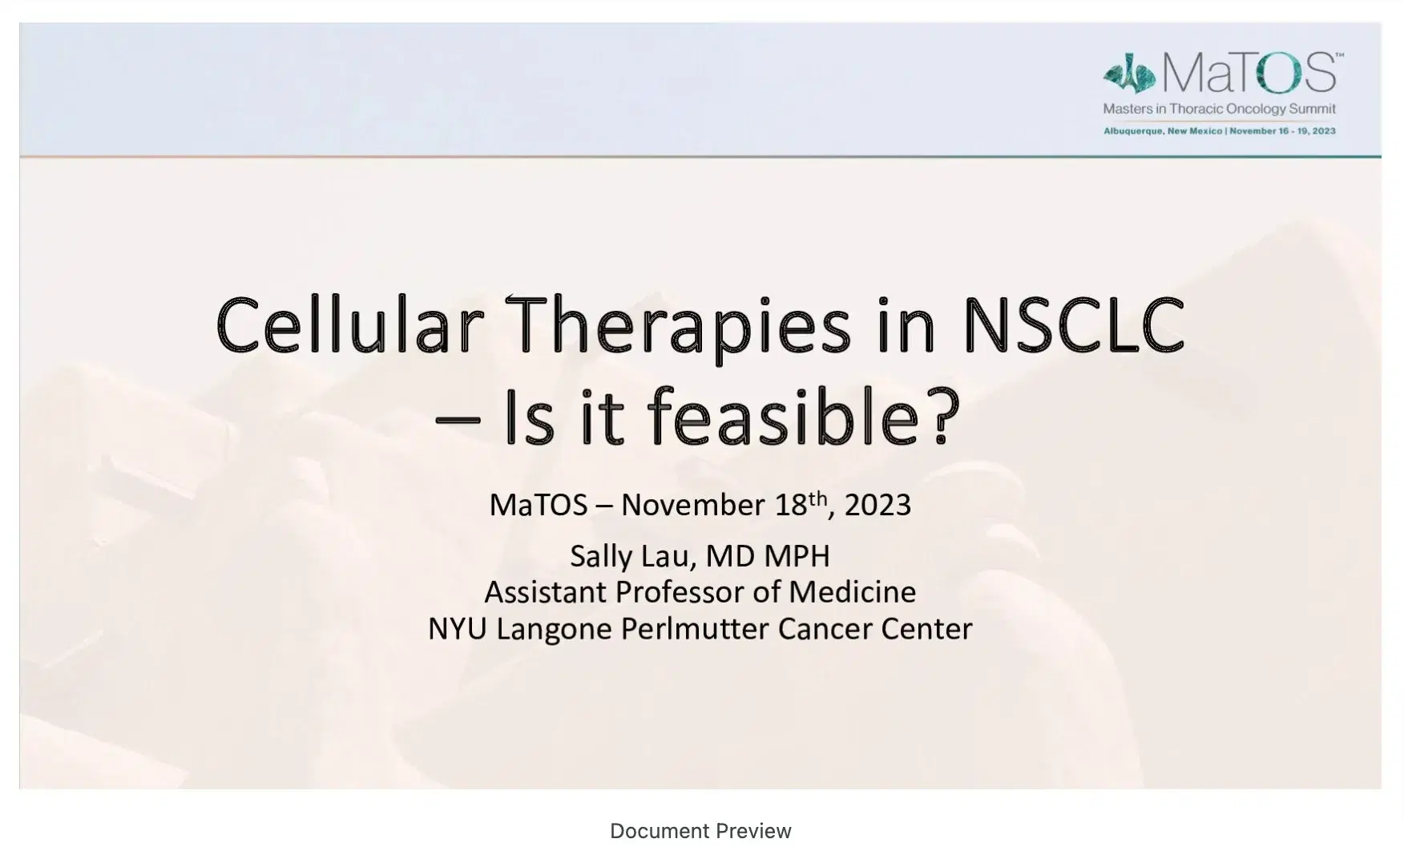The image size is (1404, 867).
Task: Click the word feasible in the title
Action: pos(783,417)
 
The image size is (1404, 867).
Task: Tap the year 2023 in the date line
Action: pos(877,506)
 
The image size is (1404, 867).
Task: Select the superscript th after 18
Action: pos(817,498)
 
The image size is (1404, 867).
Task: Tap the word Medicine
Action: pos(852,592)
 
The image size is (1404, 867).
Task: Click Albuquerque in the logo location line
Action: pos(1133,131)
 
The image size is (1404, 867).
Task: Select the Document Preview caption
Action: pos(700,831)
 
